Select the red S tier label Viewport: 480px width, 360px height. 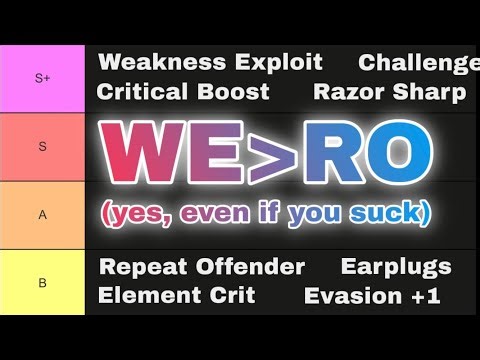click(x=42, y=147)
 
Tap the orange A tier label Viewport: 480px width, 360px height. click(x=42, y=214)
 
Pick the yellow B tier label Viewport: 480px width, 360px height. click(x=42, y=282)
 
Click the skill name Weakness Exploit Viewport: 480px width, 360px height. click(x=210, y=63)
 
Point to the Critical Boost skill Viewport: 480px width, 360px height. click(x=183, y=92)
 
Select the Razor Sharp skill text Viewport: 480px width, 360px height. click(x=389, y=92)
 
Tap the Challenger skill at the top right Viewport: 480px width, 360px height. click(x=419, y=63)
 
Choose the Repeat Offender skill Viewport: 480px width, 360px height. click(x=201, y=267)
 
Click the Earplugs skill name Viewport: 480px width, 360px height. click(x=396, y=267)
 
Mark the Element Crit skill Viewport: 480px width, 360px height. click(x=176, y=295)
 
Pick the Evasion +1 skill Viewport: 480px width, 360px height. click(x=378, y=295)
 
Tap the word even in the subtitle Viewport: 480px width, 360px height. click(x=219, y=213)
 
